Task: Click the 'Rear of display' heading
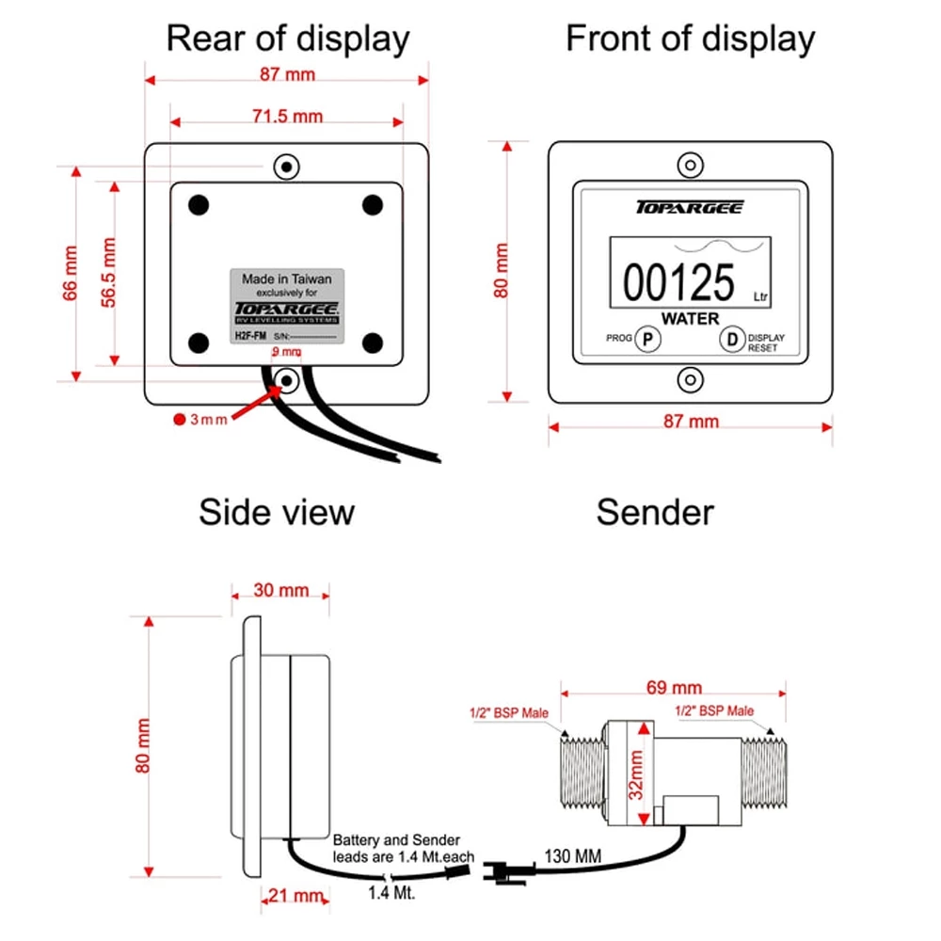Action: pyautogui.click(x=288, y=40)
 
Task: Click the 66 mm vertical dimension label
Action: pyautogui.click(x=71, y=273)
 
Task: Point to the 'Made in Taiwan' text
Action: pyautogui.click(x=287, y=279)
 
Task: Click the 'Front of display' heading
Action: pyautogui.click(x=690, y=40)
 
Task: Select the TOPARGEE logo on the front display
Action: pyautogui.click(x=690, y=208)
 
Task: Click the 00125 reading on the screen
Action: pyautogui.click(x=678, y=282)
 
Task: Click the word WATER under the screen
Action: pyautogui.click(x=690, y=319)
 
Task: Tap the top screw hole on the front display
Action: pyautogui.click(x=691, y=167)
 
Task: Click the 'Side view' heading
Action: pyautogui.click(x=277, y=513)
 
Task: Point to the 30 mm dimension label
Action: pyautogui.click(x=280, y=590)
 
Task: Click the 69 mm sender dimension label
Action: pyautogui.click(x=674, y=688)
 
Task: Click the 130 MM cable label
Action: pyautogui.click(x=571, y=857)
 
